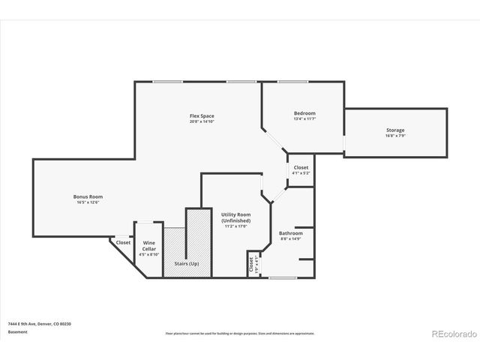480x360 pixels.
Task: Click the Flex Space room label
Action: click(201, 115)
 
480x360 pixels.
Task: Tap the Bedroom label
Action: click(304, 113)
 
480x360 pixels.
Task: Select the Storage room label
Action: click(395, 130)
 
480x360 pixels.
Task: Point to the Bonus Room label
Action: click(88, 196)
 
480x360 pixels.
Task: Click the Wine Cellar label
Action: click(148, 245)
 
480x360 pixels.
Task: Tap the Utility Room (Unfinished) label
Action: click(235, 217)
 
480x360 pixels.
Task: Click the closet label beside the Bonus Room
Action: click(123, 242)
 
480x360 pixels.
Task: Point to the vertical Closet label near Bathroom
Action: click(250, 264)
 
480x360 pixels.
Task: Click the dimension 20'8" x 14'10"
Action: click(201, 121)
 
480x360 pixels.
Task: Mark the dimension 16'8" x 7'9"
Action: click(395, 136)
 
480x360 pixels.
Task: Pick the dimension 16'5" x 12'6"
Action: click(88, 202)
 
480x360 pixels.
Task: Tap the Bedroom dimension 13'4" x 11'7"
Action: click(304, 119)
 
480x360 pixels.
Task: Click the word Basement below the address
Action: click(17, 331)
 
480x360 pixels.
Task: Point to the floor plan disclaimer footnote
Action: click(240, 333)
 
